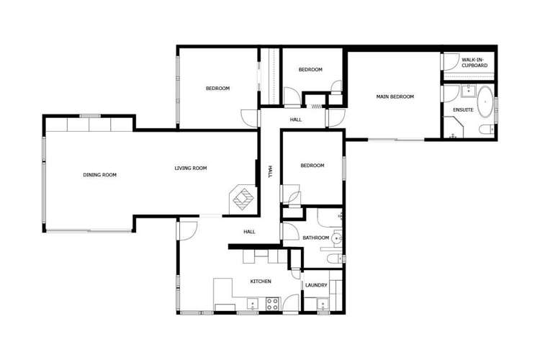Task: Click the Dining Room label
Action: tap(99, 175)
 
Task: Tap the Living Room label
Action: tap(191, 168)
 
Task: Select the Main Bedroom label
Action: tap(395, 96)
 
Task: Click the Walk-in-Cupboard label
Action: tap(474, 63)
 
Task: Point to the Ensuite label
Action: tap(463, 109)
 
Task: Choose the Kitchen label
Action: tap(261, 282)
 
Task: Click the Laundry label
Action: tap(316, 285)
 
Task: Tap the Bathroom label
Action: tap(315, 238)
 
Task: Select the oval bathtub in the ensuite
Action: tap(485, 102)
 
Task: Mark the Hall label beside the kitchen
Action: tap(249, 232)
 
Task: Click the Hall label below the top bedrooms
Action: tap(296, 120)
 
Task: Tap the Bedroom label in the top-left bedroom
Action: tap(217, 89)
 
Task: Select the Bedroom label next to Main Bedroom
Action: tap(310, 70)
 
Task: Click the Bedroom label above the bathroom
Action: tap(312, 166)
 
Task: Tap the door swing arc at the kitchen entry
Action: tap(187, 230)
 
